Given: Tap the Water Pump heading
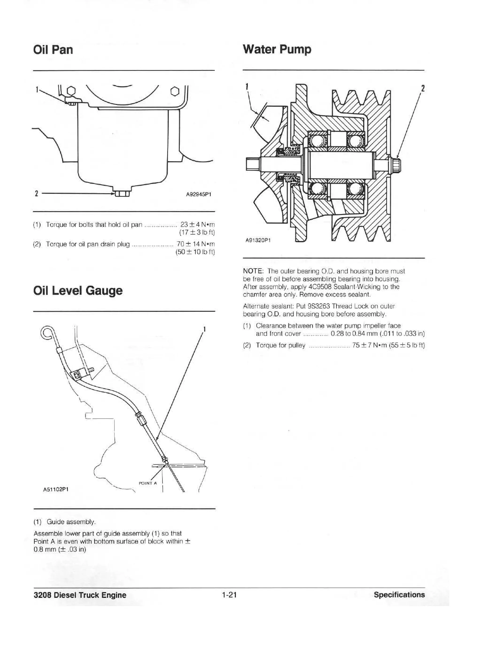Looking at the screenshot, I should tap(277, 50).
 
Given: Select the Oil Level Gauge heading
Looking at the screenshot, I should tap(78, 291).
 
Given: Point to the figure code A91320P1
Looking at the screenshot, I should tap(258, 240).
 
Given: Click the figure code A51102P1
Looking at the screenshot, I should tap(56, 489).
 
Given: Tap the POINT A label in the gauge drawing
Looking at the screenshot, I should tap(148, 483).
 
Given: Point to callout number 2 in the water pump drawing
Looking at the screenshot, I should tap(422, 88).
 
